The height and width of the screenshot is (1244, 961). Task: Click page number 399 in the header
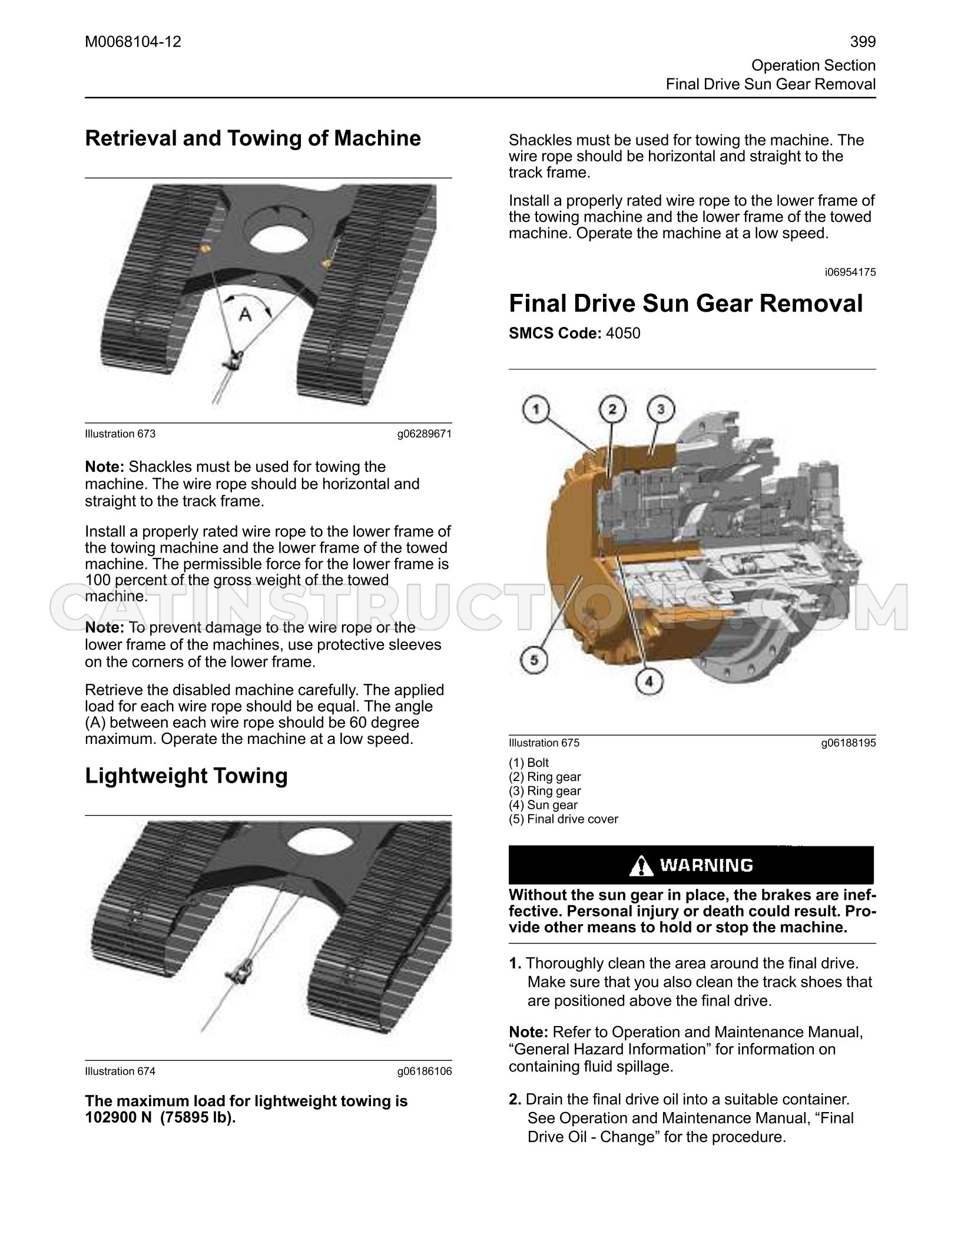[863, 42]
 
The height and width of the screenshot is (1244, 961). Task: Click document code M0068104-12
[133, 42]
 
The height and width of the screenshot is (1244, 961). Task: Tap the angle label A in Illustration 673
[244, 315]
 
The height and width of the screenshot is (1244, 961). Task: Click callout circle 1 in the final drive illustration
[535, 410]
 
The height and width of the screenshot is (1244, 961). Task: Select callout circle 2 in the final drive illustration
[612, 409]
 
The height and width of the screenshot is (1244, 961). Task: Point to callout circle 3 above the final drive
[661, 409]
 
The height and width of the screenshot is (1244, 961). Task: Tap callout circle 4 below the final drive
[649, 682]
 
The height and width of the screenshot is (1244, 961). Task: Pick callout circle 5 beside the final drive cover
[534, 660]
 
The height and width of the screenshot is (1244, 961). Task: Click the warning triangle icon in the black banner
[641, 866]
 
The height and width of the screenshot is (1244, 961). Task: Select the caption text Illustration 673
[120, 434]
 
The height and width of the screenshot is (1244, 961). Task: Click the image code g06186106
[425, 1071]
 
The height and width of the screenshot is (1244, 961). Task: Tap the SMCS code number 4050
[623, 333]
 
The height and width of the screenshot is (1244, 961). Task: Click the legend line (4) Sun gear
[543, 805]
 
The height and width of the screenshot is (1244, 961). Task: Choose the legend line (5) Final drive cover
[564, 819]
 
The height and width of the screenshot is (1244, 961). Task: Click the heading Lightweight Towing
[187, 776]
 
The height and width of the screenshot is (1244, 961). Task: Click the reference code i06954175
[850, 272]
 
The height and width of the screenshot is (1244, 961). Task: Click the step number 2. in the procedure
[515, 1099]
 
